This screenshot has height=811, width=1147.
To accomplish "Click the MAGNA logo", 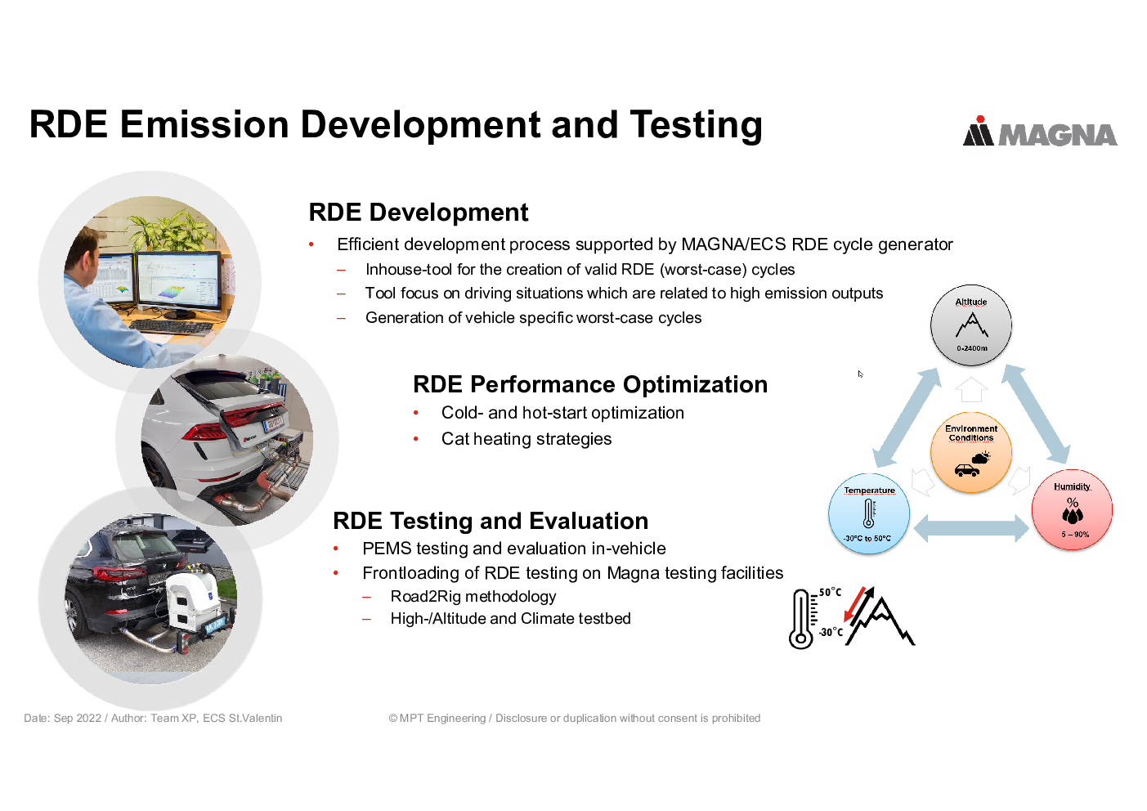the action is click(x=1040, y=132).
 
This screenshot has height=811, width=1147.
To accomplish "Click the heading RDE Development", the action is click(x=419, y=213).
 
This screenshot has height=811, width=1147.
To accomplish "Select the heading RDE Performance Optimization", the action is click(x=590, y=384).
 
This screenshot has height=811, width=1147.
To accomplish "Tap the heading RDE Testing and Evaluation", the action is click(x=491, y=522).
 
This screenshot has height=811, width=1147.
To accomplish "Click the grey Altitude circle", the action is click(x=971, y=325).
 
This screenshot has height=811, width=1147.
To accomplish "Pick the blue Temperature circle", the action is click(x=869, y=513).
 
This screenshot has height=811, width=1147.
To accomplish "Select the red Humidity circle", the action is click(x=1073, y=510).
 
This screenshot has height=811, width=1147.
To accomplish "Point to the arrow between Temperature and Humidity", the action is click(x=971, y=528).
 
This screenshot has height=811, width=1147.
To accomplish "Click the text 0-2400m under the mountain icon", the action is click(x=972, y=348).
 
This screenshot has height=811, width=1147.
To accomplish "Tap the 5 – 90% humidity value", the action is click(x=1075, y=535).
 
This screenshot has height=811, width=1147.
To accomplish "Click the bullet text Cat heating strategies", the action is click(x=526, y=439).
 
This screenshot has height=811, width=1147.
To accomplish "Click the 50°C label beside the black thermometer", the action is click(x=830, y=593).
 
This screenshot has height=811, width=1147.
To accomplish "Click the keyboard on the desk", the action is click(x=171, y=326).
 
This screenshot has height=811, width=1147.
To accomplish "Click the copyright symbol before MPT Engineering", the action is click(x=392, y=719).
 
